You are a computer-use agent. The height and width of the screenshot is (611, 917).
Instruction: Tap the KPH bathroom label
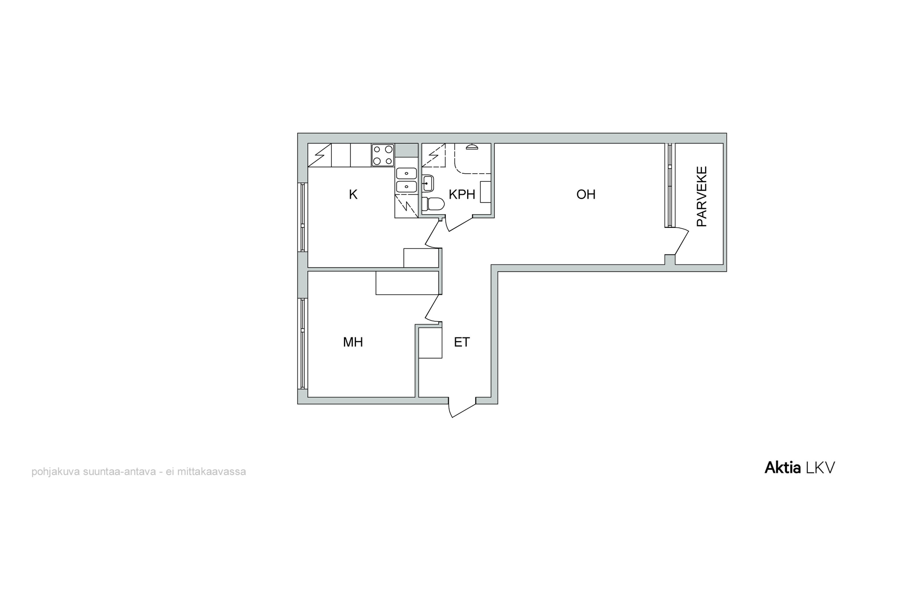pyautogui.click(x=462, y=194)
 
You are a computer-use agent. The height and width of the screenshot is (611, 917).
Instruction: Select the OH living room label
pyautogui.click(x=586, y=194)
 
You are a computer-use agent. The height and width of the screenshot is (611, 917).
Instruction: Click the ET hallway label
pyautogui.click(x=462, y=342)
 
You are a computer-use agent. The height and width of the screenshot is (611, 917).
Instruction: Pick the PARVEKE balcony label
pyautogui.click(x=702, y=196)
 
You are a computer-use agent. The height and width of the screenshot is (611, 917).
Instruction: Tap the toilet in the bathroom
pyautogui.click(x=433, y=204)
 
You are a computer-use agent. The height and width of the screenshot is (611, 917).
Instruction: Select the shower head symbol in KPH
pyautogui.click(x=472, y=147)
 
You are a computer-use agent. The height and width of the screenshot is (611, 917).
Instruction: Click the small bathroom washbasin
pyautogui.click(x=428, y=183)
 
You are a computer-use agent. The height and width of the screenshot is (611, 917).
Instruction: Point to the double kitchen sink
pyautogui.click(x=406, y=180)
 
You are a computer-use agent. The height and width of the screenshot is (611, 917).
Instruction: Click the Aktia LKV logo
pyautogui.click(x=800, y=468)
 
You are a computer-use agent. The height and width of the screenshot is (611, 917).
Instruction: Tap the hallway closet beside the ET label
pyautogui.click(x=430, y=342)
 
